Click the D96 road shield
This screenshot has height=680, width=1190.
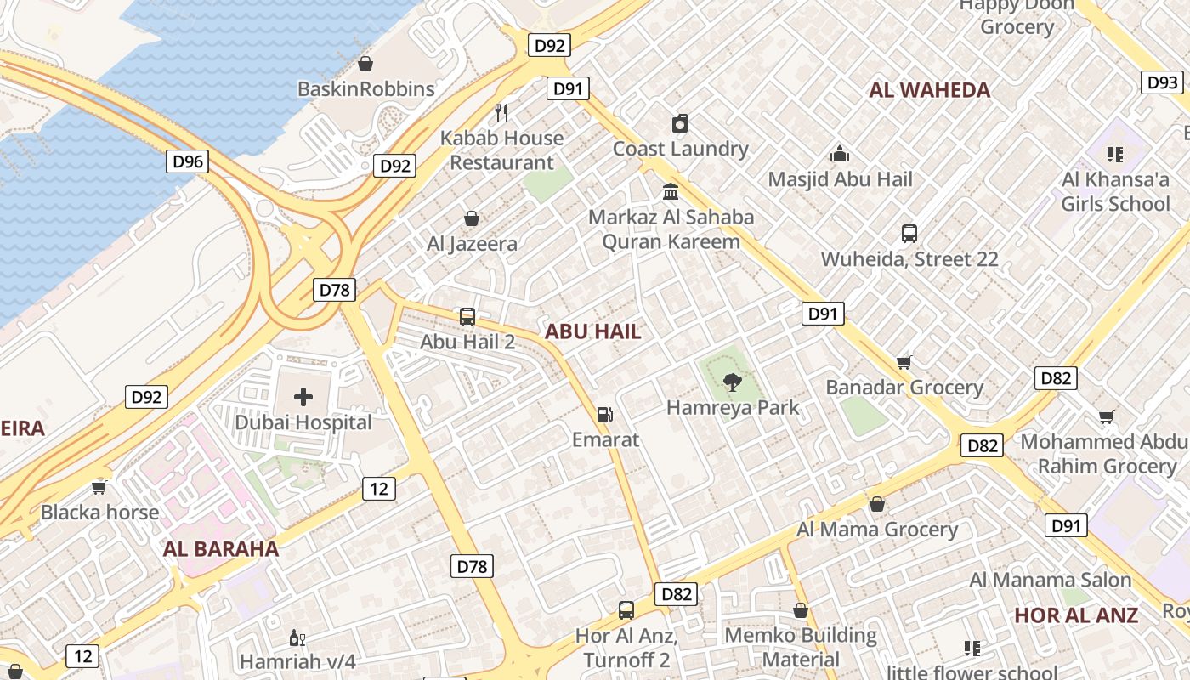(x=187, y=161)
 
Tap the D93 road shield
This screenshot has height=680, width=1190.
(x=1162, y=82)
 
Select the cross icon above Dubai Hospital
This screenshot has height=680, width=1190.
(x=303, y=397)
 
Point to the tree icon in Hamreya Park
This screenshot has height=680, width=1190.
(x=732, y=382)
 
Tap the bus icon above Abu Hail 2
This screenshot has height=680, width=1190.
(x=467, y=317)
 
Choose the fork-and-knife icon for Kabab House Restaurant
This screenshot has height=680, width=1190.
(x=501, y=112)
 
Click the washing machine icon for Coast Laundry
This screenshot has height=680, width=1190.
(x=680, y=123)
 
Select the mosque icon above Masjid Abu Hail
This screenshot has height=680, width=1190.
(x=840, y=154)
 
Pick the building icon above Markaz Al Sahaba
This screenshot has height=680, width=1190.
(x=671, y=191)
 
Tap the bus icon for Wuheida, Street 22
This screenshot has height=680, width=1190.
(x=909, y=234)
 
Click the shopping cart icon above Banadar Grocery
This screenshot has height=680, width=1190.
(x=904, y=362)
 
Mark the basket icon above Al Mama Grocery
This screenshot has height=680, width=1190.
(x=877, y=504)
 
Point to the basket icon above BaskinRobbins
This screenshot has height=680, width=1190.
(x=365, y=64)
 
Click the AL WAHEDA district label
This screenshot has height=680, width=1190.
(x=930, y=90)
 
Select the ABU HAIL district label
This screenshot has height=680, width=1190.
(x=592, y=331)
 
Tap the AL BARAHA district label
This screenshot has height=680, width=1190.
(x=221, y=549)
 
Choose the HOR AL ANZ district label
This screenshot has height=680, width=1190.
(x=1076, y=615)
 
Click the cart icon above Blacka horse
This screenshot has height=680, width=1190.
(x=99, y=487)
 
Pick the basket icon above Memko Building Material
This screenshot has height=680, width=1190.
(x=800, y=610)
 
